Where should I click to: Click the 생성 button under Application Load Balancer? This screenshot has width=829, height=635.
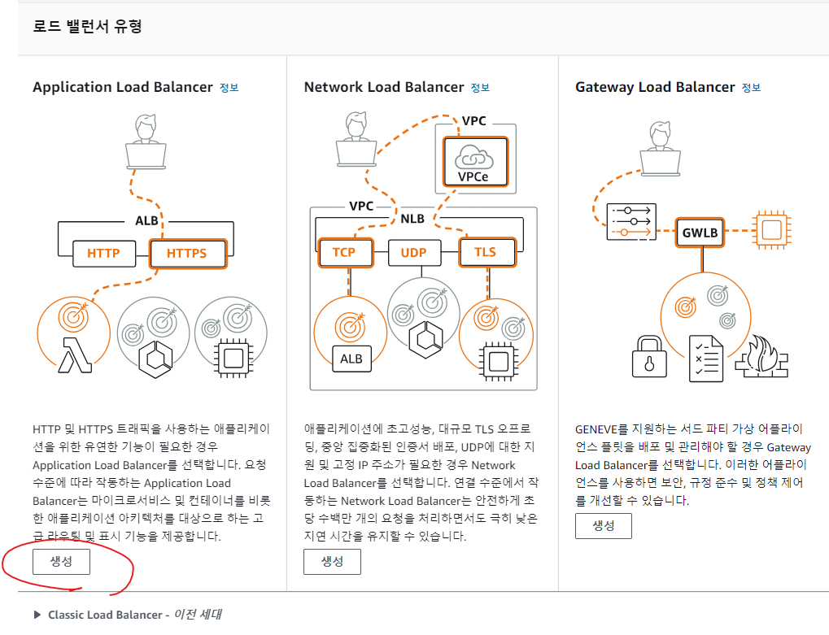click(61, 562)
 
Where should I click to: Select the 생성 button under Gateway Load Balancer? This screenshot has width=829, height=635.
click(603, 525)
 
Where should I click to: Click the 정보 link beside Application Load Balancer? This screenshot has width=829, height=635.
click(229, 88)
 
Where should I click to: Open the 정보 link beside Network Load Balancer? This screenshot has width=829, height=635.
click(480, 88)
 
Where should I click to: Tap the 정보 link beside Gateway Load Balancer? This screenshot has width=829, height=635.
click(751, 88)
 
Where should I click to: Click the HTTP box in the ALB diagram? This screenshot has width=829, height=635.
click(103, 254)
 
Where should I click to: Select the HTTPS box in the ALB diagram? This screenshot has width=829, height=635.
click(186, 254)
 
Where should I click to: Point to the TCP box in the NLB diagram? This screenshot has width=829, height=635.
click(344, 252)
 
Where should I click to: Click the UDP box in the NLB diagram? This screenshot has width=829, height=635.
click(419, 252)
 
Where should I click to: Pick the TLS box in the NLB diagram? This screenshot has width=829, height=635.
click(485, 252)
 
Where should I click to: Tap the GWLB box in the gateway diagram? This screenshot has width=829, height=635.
click(700, 232)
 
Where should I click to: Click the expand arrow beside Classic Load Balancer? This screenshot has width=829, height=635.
click(37, 615)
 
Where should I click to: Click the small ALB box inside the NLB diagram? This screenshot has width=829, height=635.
click(351, 359)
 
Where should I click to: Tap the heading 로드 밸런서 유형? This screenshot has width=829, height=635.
click(87, 27)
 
